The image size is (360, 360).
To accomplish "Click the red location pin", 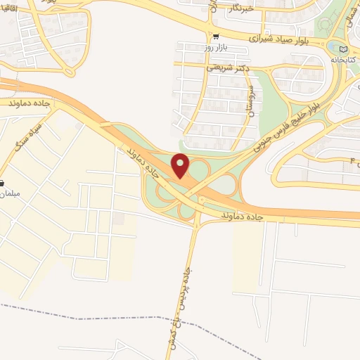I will (181, 165).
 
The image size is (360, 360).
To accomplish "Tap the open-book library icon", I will (343, 49).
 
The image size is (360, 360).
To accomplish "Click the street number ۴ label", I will (353, 162).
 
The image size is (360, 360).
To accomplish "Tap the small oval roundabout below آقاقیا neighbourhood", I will (69, 71).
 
